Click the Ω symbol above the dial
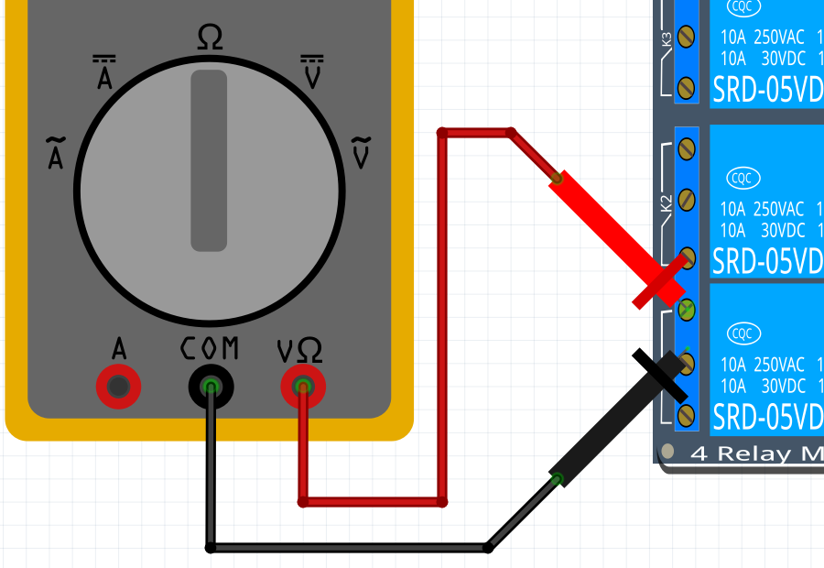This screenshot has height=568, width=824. tap(210, 38)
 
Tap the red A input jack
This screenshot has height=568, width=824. tap(119, 388)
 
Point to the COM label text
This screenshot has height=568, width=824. tap(210, 348)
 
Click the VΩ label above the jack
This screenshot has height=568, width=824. tap(299, 350)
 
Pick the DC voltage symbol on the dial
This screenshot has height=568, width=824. tap(312, 74)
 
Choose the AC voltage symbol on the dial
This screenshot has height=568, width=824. tap(362, 153)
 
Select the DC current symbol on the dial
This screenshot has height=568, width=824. tap(104, 74)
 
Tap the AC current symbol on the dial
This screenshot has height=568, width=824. tap(56, 153)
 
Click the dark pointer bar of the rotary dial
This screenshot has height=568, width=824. tap(209, 160)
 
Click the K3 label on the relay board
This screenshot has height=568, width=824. tap(666, 39)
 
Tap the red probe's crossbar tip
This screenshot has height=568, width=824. tap(659, 281)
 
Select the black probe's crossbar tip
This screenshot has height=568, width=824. tap(659, 374)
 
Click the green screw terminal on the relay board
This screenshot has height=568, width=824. tap(686, 308)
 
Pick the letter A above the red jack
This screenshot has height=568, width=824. tap(119, 349)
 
